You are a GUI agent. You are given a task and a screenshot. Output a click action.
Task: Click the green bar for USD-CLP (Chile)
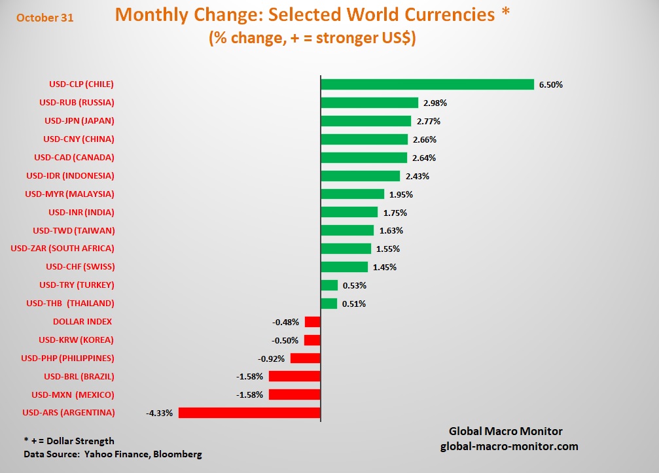(x=427, y=84)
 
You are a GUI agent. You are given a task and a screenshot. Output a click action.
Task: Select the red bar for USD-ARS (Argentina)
(x=249, y=413)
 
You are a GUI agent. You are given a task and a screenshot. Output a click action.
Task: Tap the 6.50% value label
(x=551, y=84)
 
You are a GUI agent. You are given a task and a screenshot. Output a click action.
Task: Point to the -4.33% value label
(x=160, y=413)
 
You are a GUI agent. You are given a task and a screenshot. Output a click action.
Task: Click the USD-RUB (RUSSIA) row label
(x=77, y=102)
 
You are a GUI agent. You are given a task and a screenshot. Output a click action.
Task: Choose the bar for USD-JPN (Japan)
(x=366, y=121)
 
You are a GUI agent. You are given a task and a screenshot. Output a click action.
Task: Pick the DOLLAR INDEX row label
(x=82, y=321)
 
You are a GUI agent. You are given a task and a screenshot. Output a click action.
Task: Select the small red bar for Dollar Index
(x=312, y=322)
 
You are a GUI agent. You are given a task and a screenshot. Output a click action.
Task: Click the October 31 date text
(x=45, y=18)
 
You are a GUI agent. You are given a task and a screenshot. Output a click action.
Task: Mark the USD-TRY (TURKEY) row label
(x=77, y=285)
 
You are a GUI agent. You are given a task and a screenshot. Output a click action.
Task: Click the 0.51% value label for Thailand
(x=353, y=304)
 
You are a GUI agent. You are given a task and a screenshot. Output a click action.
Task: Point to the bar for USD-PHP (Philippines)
(x=305, y=359)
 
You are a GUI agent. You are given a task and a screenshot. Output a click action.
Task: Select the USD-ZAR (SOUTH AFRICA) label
(x=63, y=248)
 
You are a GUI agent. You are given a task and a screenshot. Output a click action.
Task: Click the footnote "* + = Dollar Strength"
(x=69, y=441)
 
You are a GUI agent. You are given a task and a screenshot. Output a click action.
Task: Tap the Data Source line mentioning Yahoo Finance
(x=113, y=454)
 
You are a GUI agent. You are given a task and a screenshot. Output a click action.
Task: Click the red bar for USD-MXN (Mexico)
(x=294, y=394)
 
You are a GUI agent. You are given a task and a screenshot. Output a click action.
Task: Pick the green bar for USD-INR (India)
(x=349, y=213)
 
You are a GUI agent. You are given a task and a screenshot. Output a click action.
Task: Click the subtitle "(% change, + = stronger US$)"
(x=313, y=39)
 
